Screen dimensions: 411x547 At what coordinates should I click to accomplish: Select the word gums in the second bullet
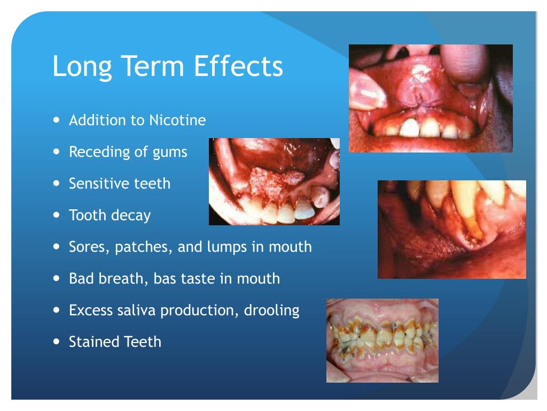click(x=170, y=152)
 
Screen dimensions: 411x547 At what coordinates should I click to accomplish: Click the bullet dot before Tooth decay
click(x=57, y=215)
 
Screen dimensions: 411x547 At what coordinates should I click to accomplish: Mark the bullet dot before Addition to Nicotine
click(x=57, y=119)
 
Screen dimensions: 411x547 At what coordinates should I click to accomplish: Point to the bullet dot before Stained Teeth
click(x=57, y=341)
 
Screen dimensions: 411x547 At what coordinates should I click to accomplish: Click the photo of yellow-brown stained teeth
click(x=382, y=340)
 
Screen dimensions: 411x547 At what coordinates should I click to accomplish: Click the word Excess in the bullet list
click(x=90, y=310)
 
